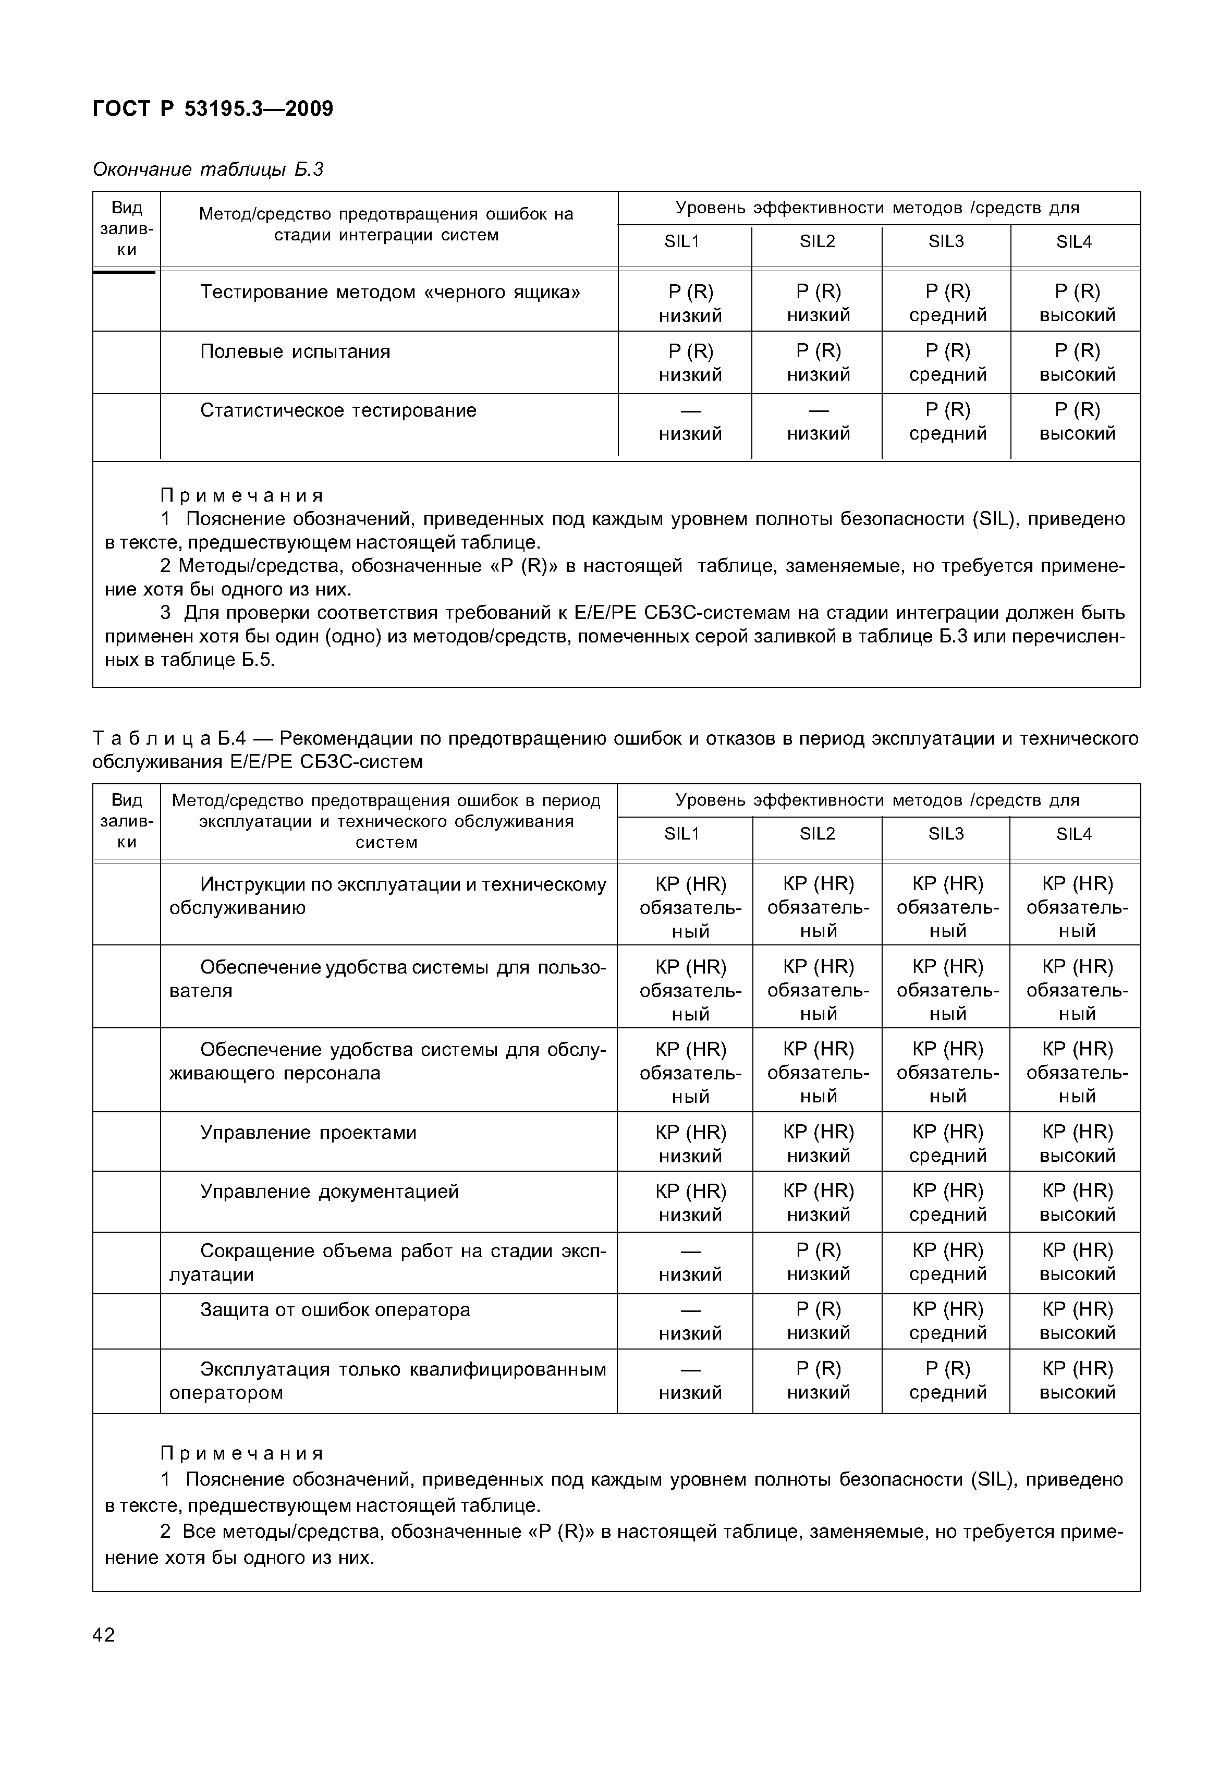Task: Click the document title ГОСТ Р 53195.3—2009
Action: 213,109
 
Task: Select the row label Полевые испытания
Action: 295,352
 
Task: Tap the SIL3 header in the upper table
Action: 946,241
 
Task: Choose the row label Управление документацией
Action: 329,1191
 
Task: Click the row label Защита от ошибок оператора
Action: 335,1310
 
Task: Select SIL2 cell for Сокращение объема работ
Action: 818,1262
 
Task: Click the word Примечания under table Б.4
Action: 241,1453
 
